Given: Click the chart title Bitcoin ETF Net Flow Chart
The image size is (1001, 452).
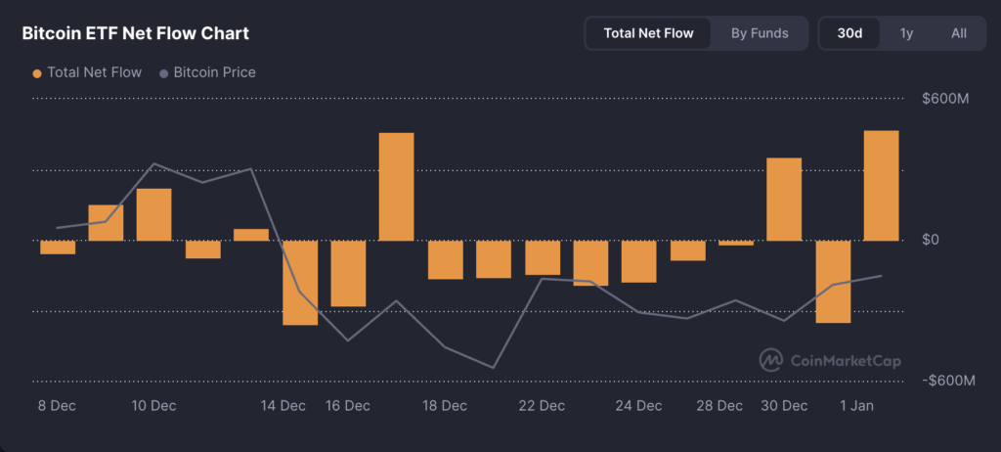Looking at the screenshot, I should (136, 33).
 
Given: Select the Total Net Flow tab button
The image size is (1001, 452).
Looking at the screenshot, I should (648, 33).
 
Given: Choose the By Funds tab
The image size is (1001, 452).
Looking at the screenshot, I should (760, 33).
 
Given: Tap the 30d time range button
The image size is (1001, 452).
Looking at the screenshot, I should (849, 33).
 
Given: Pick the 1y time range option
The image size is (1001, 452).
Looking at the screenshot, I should (906, 33).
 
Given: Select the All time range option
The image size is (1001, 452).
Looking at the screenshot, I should (959, 33).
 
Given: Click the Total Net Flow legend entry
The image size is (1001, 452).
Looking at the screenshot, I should (87, 72).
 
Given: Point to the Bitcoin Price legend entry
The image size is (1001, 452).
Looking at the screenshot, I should (207, 72).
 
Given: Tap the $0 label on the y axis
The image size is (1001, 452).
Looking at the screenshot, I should (931, 240).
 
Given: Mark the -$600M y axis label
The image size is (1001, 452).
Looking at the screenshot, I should (948, 381).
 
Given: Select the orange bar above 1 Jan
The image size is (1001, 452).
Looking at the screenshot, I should (881, 186).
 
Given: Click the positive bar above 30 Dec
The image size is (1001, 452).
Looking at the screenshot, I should (784, 199).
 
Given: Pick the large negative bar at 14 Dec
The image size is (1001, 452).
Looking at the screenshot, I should (300, 282).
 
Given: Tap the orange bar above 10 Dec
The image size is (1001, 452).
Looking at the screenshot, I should (154, 214).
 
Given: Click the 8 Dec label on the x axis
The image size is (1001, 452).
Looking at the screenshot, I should (58, 405).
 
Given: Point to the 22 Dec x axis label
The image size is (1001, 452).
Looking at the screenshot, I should (542, 405).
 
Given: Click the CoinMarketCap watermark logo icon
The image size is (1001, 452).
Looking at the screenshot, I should (771, 360).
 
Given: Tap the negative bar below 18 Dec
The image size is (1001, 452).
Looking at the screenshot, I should (445, 259).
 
